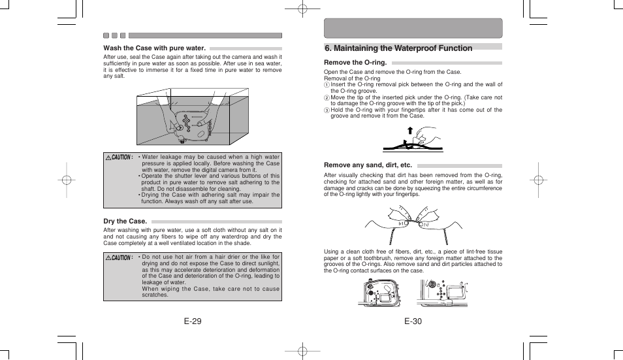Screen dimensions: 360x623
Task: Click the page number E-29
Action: click(x=193, y=321)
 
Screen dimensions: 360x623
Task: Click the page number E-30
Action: click(x=413, y=321)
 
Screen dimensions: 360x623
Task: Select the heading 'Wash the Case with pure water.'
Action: click(x=155, y=48)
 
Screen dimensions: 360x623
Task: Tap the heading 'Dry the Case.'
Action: click(x=125, y=221)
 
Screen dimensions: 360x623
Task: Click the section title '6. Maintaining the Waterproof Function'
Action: click(x=398, y=48)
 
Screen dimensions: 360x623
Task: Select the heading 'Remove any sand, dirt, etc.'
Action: click(x=368, y=165)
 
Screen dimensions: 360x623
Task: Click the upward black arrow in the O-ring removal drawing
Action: click(x=410, y=131)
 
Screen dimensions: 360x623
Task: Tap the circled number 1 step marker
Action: click(x=327, y=85)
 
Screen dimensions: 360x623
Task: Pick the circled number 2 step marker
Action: click(x=327, y=98)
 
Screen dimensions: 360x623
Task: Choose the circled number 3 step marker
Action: click(x=327, y=110)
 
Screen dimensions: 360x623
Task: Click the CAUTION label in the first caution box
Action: click(x=120, y=157)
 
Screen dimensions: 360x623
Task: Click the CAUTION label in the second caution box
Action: click(x=120, y=257)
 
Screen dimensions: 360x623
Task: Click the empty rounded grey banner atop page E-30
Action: click(x=413, y=28)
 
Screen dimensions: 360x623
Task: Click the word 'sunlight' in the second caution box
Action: click(x=267, y=263)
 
